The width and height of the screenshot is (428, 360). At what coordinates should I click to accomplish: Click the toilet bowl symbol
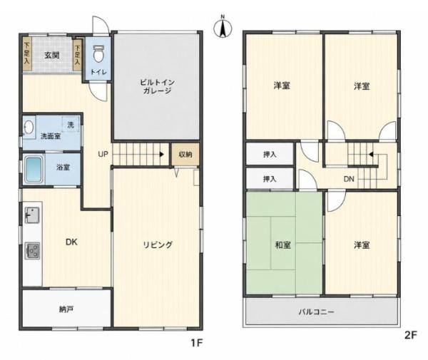click(x=98, y=53)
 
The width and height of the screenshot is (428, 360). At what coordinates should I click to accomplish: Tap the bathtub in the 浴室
click(x=34, y=169)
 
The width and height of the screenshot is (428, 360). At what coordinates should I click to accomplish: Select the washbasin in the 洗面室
click(x=29, y=127)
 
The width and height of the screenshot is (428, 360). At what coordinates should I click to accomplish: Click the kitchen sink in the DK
click(x=32, y=215)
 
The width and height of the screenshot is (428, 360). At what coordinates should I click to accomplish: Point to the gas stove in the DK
click(x=33, y=251)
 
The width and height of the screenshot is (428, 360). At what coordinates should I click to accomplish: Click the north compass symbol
click(x=223, y=27)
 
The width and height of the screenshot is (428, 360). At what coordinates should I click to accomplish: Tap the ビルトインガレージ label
click(x=157, y=86)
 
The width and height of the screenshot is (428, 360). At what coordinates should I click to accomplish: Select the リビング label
click(x=158, y=245)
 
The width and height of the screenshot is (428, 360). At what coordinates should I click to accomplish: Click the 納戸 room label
click(x=66, y=309)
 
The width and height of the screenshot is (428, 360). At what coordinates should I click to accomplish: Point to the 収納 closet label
click(x=185, y=155)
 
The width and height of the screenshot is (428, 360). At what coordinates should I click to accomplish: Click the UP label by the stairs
click(x=103, y=155)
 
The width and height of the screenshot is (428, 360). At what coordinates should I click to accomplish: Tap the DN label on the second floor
click(x=349, y=179)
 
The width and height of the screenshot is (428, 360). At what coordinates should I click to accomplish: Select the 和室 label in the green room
click(x=282, y=245)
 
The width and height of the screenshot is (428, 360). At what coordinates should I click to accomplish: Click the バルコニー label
click(x=316, y=312)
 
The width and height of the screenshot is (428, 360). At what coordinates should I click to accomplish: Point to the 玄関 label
click(x=52, y=56)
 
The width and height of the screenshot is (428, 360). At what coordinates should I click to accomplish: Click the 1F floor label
click(x=196, y=343)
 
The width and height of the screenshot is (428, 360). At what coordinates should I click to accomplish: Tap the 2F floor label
click(x=411, y=335)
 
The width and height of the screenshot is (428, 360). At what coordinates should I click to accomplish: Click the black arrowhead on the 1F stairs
click(x=162, y=155)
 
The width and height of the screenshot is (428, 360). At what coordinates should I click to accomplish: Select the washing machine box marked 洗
click(x=71, y=125)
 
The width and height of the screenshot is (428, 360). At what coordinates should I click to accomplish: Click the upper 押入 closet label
click(x=270, y=155)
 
